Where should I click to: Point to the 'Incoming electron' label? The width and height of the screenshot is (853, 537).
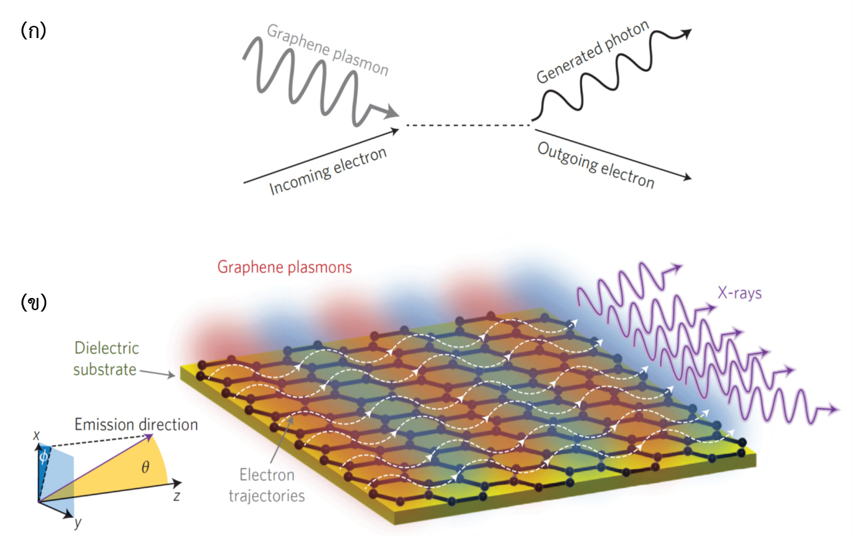328,171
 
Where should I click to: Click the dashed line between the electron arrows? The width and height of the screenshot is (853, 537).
466,126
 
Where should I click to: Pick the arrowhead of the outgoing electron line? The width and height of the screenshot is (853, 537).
688,178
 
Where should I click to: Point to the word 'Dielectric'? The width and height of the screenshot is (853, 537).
106,348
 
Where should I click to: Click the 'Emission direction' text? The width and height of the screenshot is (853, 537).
136,424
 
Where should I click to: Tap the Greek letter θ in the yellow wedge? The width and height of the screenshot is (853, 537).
145,467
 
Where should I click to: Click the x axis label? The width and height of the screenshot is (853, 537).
35,435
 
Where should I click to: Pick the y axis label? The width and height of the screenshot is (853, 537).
78,522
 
